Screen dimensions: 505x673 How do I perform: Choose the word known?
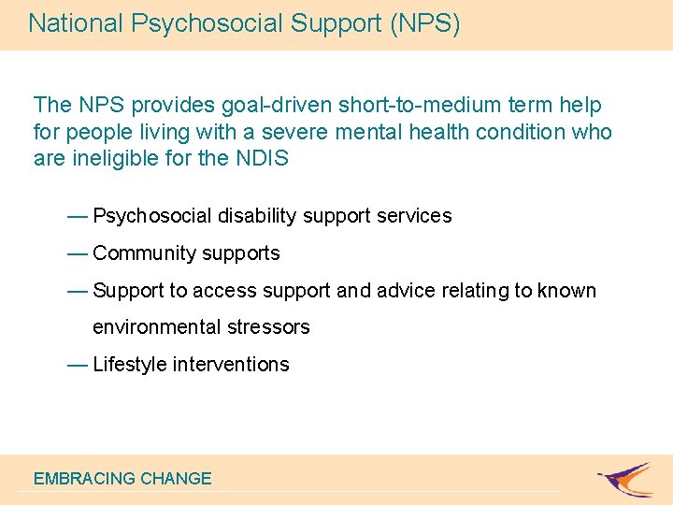[566, 291]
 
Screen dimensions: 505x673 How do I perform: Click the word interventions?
[231, 365]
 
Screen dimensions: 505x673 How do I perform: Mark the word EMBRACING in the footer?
[84, 478]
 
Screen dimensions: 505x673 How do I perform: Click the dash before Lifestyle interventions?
[79, 365]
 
